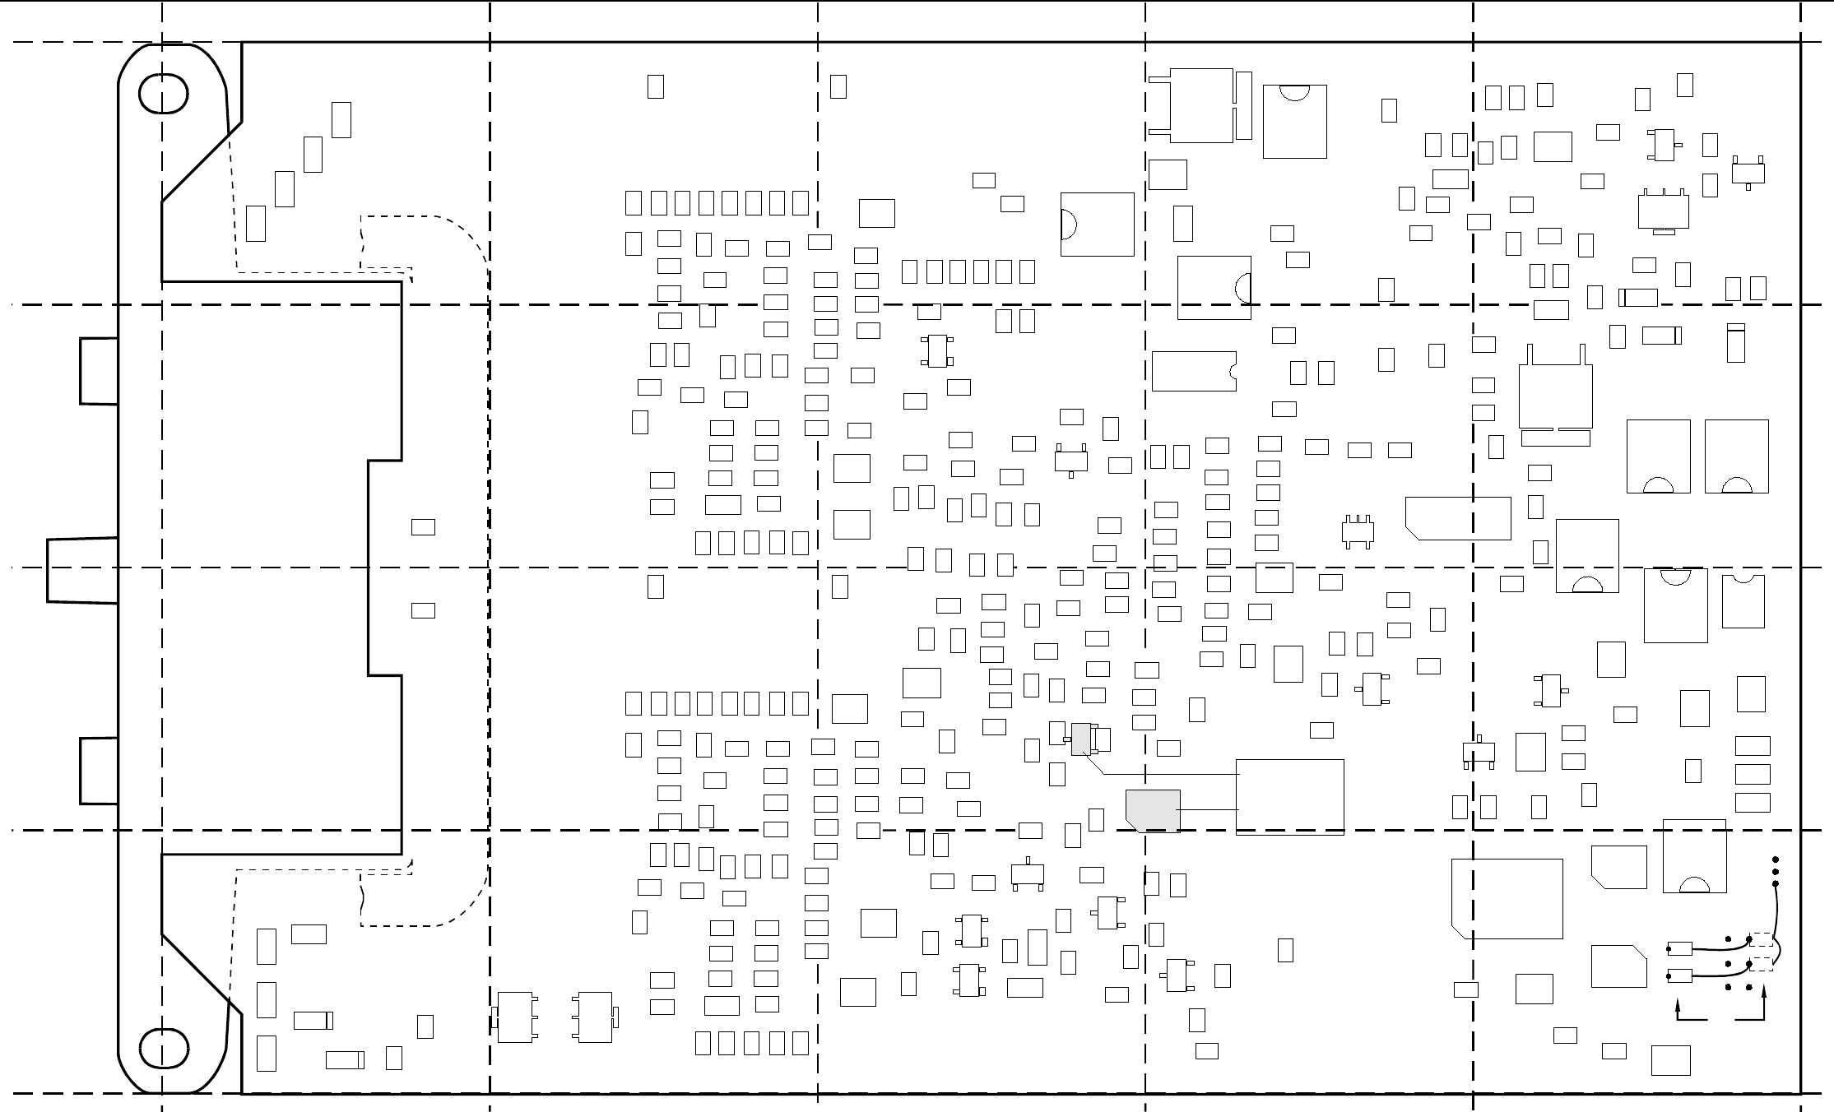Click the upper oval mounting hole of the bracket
(164, 94)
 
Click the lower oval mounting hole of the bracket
(164, 1047)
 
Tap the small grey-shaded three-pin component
(1080, 739)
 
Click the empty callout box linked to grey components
(1289, 795)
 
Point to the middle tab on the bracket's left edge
(82, 571)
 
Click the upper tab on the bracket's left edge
(99, 371)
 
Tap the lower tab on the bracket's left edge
(99, 771)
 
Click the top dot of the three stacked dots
(1776, 860)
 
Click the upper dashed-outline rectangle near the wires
(1762, 939)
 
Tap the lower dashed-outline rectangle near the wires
(1762, 964)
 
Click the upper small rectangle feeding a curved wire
(1679, 948)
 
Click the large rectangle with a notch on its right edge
(1194, 371)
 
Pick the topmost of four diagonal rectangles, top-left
(341, 120)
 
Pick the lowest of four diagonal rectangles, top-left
(256, 224)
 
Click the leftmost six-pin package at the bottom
(515, 1017)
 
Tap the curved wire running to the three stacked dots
(1778, 913)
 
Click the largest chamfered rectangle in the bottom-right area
(1507, 898)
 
